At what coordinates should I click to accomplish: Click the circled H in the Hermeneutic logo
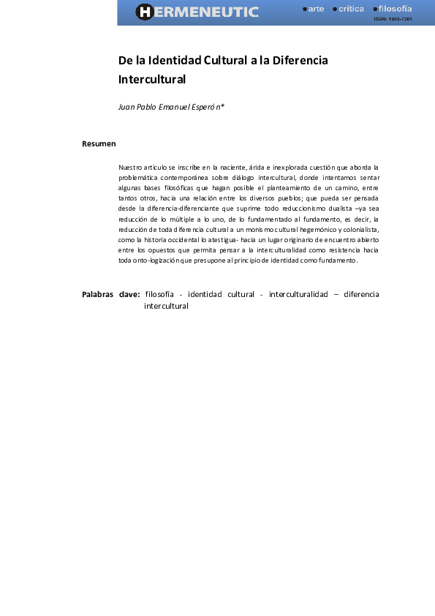(144, 12)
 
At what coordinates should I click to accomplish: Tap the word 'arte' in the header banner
(316, 9)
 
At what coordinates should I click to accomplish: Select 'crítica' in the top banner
(351, 9)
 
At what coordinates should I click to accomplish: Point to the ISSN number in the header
(393, 19)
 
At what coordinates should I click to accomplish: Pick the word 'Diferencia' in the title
(300, 60)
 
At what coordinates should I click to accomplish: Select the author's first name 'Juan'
(126, 107)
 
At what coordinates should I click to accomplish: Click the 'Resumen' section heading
(99, 143)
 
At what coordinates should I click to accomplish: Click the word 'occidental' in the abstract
(183, 239)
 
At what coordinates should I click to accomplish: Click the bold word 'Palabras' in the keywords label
(98, 295)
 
